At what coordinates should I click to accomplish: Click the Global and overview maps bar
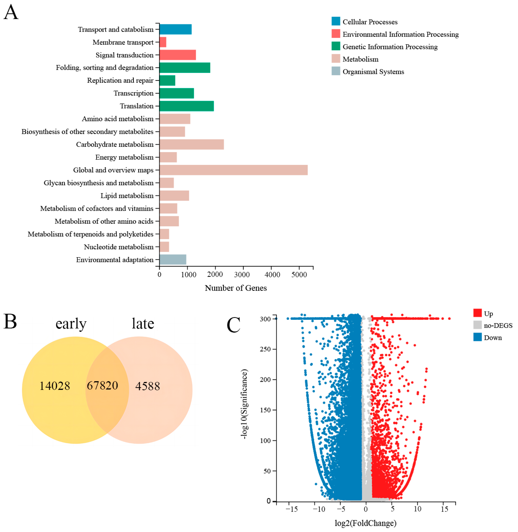(x=233, y=170)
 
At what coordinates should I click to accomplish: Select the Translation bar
(x=187, y=106)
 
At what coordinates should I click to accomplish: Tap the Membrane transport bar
(x=163, y=42)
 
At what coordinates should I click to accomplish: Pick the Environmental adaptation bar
(x=173, y=260)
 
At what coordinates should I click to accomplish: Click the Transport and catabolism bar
(x=176, y=29)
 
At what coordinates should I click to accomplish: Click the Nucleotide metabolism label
(x=119, y=247)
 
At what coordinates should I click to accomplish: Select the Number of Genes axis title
(x=236, y=288)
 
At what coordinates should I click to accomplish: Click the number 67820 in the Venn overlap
(x=102, y=385)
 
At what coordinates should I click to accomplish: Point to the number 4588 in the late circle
(x=147, y=386)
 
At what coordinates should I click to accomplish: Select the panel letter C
(x=233, y=325)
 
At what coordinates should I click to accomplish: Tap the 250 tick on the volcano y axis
(x=265, y=349)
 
